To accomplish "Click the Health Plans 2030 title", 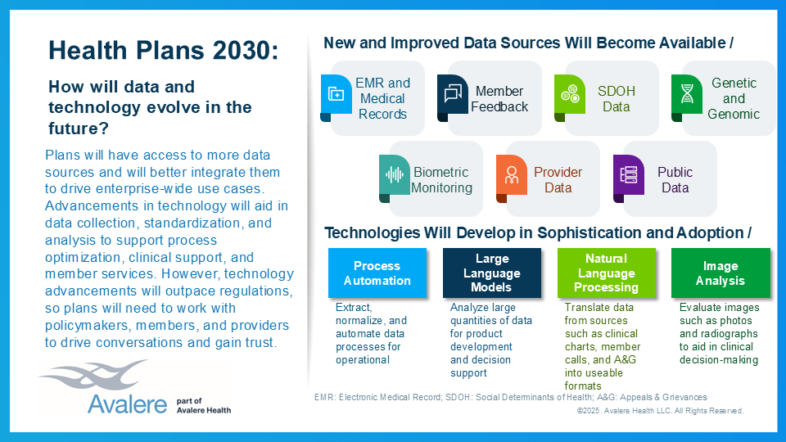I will coord(164,51).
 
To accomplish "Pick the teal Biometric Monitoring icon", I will coord(395,174).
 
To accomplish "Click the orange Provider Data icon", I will coord(512,174).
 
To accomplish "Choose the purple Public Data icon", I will coord(629,174).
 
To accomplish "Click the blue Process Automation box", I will coord(377,273).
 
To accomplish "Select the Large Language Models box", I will coord(491,273).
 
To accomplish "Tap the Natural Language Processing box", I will coord(606,273).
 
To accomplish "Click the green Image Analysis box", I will coord(720,273).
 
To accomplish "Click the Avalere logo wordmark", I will coord(123,405).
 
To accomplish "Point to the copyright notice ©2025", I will coord(660,411).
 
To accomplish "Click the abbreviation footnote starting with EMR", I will coord(510,397).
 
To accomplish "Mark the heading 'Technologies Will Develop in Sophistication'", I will coord(537,232).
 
